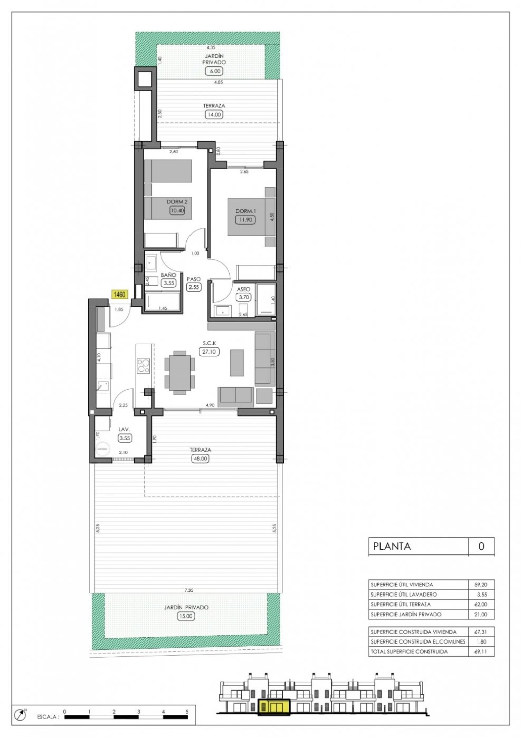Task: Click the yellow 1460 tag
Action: click(x=119, y=294)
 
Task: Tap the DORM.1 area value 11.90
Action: click(x=245, y=220)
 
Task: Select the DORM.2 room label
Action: click(x=177, y=202)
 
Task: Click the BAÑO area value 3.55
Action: click(x=169, y=283)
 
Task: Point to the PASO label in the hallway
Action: click(x=193, y=279)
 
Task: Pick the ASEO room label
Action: click(x=243, y=289)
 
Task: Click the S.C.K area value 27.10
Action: click(x=209, y=351)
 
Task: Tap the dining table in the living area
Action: click(x=180, y=372)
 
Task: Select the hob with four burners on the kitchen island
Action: click(x=143, y=366)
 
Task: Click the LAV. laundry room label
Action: click(x=124, y=429)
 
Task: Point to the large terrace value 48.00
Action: click(x=200, y=459)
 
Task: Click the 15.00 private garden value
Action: click(x=185, y=616)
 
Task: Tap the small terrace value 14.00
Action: click(x=214, y=114)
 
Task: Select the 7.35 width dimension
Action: click(x=189, y=590)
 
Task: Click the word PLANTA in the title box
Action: click(x=392, y=546)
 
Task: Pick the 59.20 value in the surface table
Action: click(x=481, y=584)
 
